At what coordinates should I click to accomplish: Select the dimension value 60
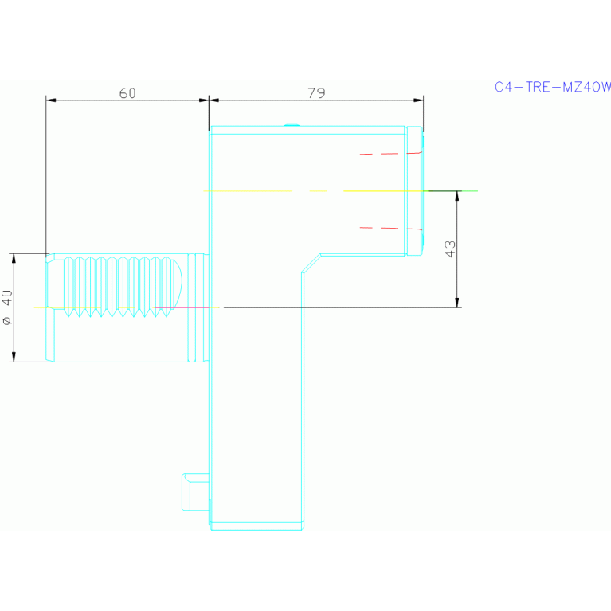(x=127, y=93)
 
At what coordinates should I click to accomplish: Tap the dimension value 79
(x=316, y=93)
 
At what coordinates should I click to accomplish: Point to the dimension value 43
(x=450, y=249)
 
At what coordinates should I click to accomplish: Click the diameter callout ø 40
(x=8, y=307)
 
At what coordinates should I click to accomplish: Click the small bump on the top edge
(x=291, y=124)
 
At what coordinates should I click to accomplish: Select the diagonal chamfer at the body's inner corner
(x=311, y=264)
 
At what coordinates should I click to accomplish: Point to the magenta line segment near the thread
(x=191, y=307)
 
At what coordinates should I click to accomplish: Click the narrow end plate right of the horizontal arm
(x=414, y=190)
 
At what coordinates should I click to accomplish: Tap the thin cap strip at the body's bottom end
(x=257, y=526)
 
